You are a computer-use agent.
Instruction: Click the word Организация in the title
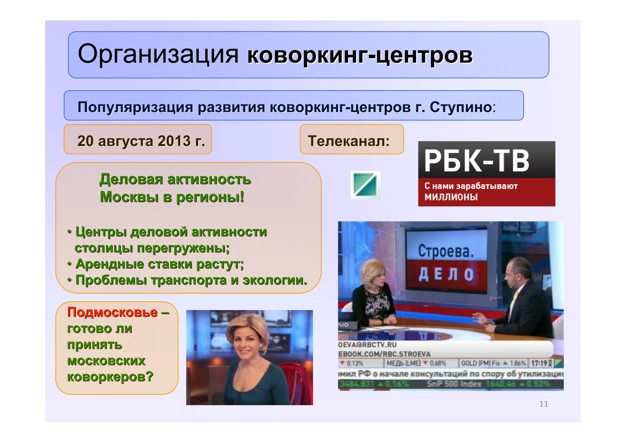[x=158, y=54]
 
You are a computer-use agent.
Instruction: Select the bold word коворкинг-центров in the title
[x=360, y=55]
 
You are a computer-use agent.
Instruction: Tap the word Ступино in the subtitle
[x=461, y=107]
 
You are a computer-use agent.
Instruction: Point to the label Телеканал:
[x=349, y=141]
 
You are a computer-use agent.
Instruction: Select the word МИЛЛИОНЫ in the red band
[x=451, y=197]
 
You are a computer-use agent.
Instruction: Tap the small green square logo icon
[x=365, y=185]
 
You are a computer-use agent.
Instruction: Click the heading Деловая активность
[x=175, y=179]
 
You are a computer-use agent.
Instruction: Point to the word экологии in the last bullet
[x=274, y=280]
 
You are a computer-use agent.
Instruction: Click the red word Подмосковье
[x=112, y=312]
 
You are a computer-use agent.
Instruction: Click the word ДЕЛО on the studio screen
[x=446, y=274]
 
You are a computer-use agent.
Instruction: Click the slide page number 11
[x=543, y=404]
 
